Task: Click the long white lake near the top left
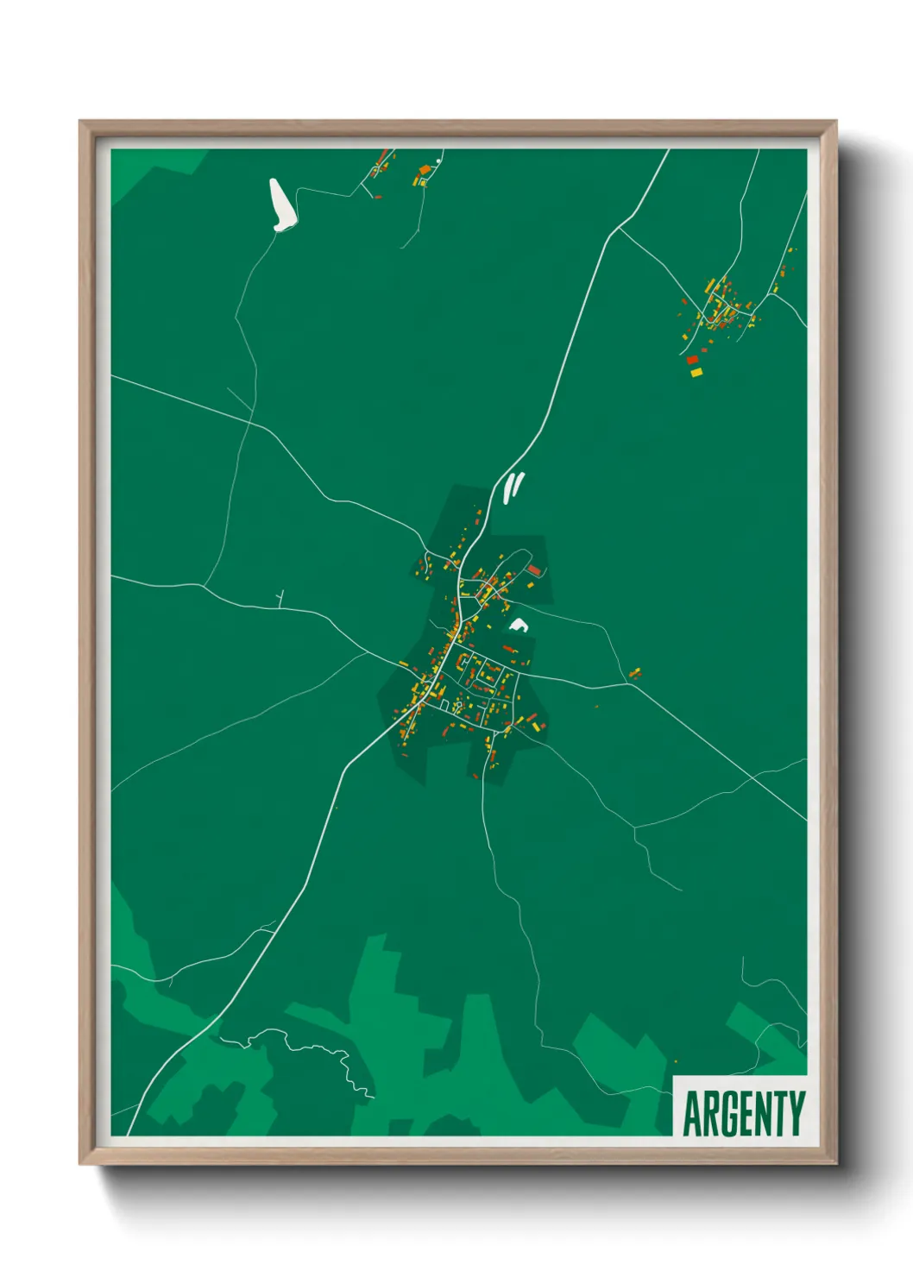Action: pos(280,205)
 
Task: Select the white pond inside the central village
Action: pos(518,624)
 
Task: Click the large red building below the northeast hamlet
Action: pos(692,360)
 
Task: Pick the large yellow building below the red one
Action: pos(696,372)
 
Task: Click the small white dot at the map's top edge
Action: pos(439,161)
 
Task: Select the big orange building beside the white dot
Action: pos(424,170)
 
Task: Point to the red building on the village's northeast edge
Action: pos(534,569)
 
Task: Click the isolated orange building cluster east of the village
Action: pos(636,672)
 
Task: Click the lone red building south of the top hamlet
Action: pos(378,197)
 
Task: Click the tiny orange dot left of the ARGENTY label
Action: pos(675,1061)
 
